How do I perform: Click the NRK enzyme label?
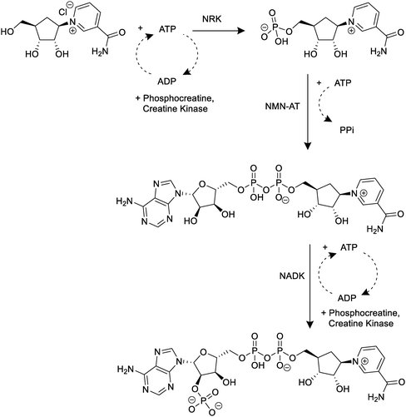(x=212, y=19)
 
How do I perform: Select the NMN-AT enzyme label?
(x=283, y=106)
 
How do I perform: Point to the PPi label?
(x=347, y=130)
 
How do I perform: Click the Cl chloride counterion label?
(x=63, y=12)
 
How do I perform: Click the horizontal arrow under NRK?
(x=218, y=31)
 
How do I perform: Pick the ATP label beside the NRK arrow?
(x=167, y=29)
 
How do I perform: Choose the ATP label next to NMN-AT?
(x=343, y=82)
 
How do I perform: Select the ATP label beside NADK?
(x=349, y=247)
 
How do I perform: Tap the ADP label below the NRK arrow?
(x=166, y=82)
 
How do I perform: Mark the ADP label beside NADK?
(x=347, y=298)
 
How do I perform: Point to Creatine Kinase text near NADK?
(x=360, y=324)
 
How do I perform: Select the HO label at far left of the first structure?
(x=7, y=32)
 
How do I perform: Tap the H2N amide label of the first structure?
(x=99, y=52)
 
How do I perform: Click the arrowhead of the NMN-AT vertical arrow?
(x=308, y=146)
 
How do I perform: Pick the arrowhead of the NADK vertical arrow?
(x=309, y=325)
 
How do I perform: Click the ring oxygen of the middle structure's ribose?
(x=202, y=183)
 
